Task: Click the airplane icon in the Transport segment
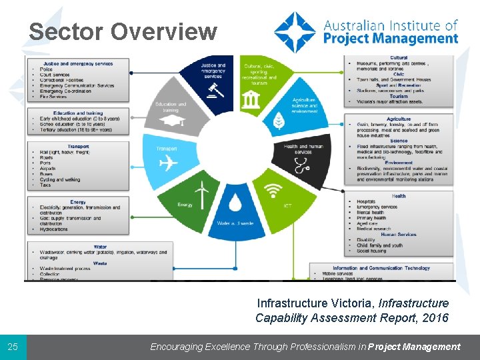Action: pyautogui.click(x=170, y=162)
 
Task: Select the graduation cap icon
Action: pyautogui.click(x=173, y=123)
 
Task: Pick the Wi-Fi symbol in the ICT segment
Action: pyautogui.click(x=272, y=192)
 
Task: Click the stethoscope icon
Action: pyautogui.click(x=301, y=166)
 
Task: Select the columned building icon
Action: pyautogui.click(x=251, y=100)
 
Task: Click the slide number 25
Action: pyautogui.click(x=13, y=347)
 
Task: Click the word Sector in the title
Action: pyautogui.click(x=66, y=31)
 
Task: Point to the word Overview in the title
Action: pyautogui.click(x=163, y=31)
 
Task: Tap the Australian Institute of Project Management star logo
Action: pyautogui.click(x=295, y=31)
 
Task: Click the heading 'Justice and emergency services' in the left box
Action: pyautogui.click(x=79, y=64)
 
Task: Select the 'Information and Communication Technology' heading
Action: pyautogui.click(x=381, y=268)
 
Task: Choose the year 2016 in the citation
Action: pyautogui.click(x=435, y=318)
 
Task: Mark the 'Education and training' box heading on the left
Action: pyautogui.click(x=78, y=113)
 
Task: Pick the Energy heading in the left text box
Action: pyautogui.click(x=78, y=202)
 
